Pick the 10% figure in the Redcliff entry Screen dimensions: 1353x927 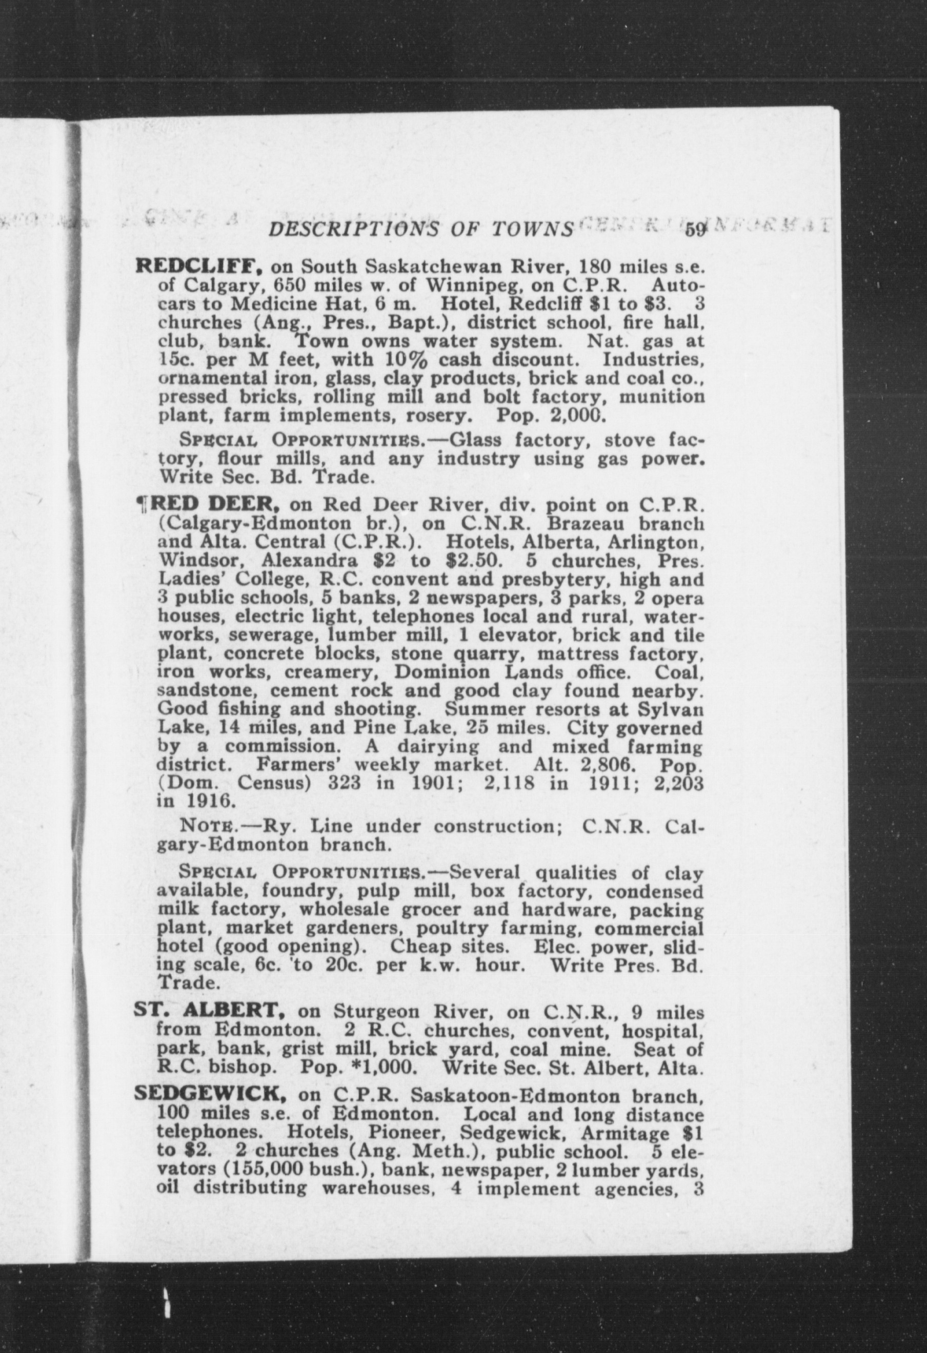tap(401, 360)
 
